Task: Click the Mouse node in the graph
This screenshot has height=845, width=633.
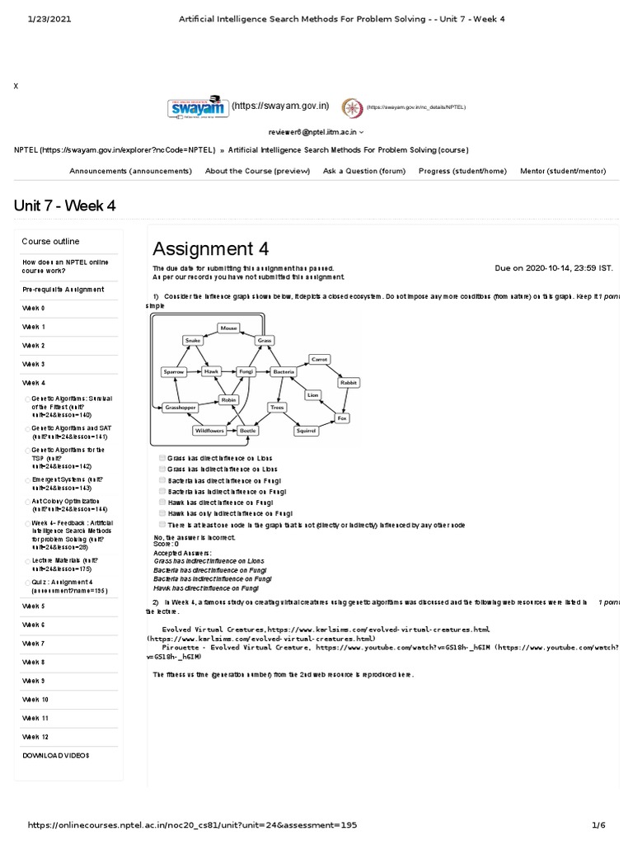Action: (228, 328)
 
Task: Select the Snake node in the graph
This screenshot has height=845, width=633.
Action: (193, 340)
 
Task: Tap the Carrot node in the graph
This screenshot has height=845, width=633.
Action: (319, 359)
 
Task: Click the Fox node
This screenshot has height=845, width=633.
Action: (342, 418)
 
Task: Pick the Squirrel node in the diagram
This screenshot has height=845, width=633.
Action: (307, 430)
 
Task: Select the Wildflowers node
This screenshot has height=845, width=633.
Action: (209, 430)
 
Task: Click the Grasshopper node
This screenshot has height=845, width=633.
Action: (179, 408)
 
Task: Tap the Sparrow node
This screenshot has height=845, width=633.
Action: (174, 372)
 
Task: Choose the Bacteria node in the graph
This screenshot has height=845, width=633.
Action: (284, 372)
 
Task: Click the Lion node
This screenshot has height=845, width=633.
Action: (312, 395)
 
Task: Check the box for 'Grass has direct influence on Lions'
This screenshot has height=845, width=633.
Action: (162, 457)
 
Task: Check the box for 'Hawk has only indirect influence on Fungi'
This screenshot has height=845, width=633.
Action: (162, 512)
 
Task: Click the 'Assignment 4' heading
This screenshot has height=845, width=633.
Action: (210, 248)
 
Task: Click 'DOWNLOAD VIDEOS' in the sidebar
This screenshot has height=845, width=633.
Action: (55, 755)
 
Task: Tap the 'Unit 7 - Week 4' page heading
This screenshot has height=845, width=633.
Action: (64, 205)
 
